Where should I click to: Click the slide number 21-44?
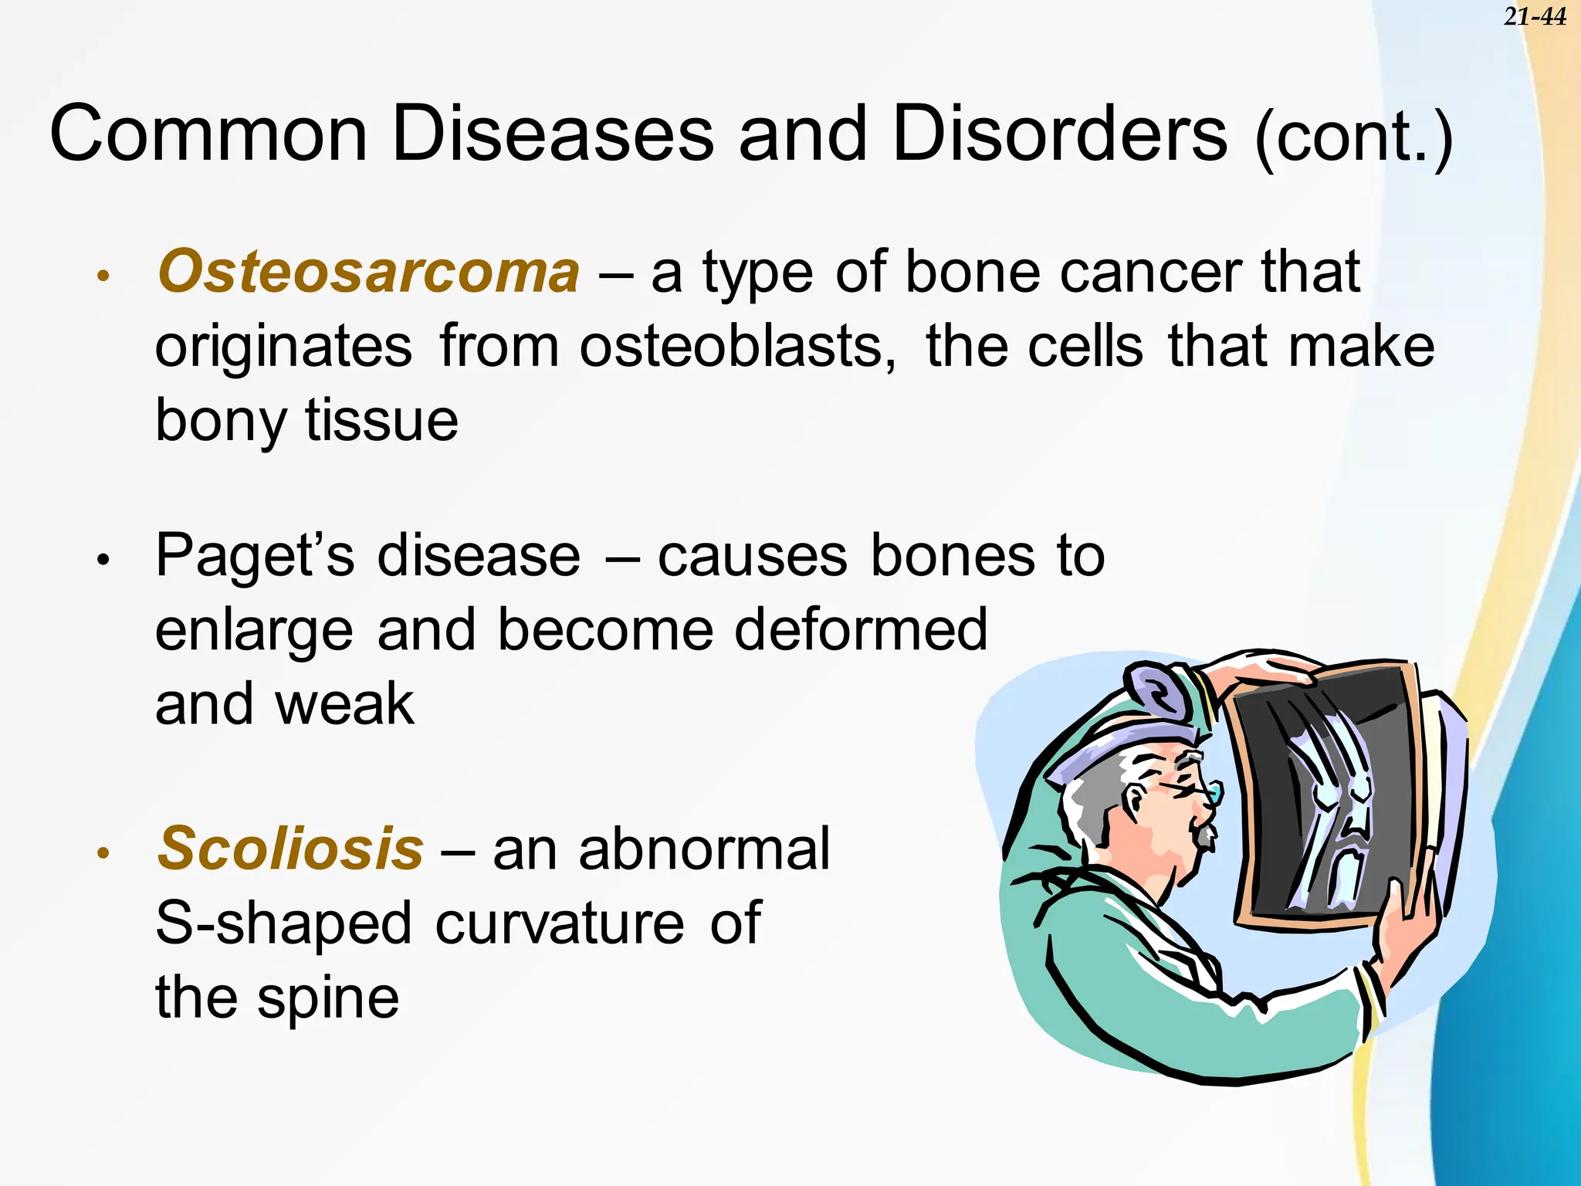coord(1535,16)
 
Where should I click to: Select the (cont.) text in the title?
coord(1354,139)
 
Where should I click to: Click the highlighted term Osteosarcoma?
coord(368,272)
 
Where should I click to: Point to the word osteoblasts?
coord(737,346)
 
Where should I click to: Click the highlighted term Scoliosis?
coord(290,848)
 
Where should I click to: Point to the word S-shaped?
coord(283,923)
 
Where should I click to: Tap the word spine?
coord(327,998)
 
